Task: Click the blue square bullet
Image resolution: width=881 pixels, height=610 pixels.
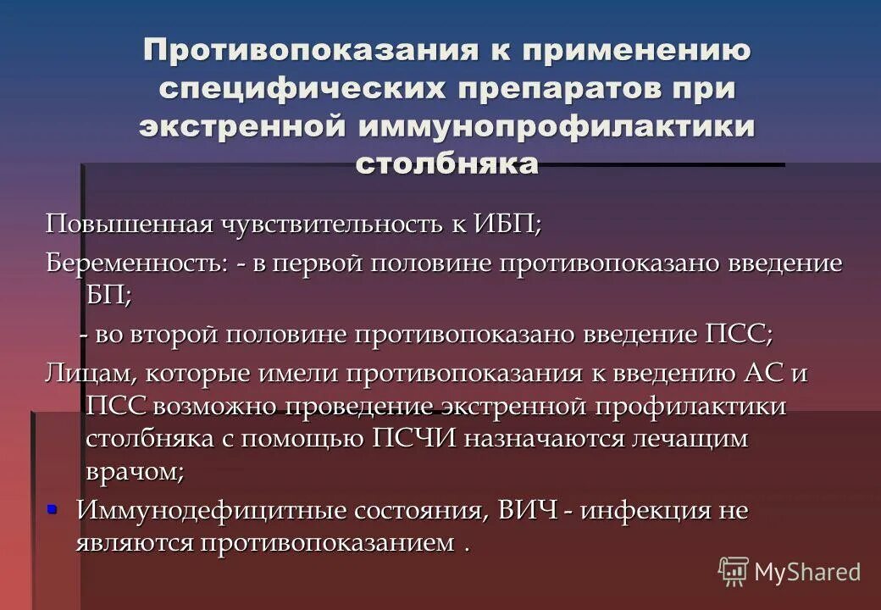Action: coord(53,508)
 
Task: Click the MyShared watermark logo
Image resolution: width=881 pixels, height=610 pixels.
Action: coord(790,572)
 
